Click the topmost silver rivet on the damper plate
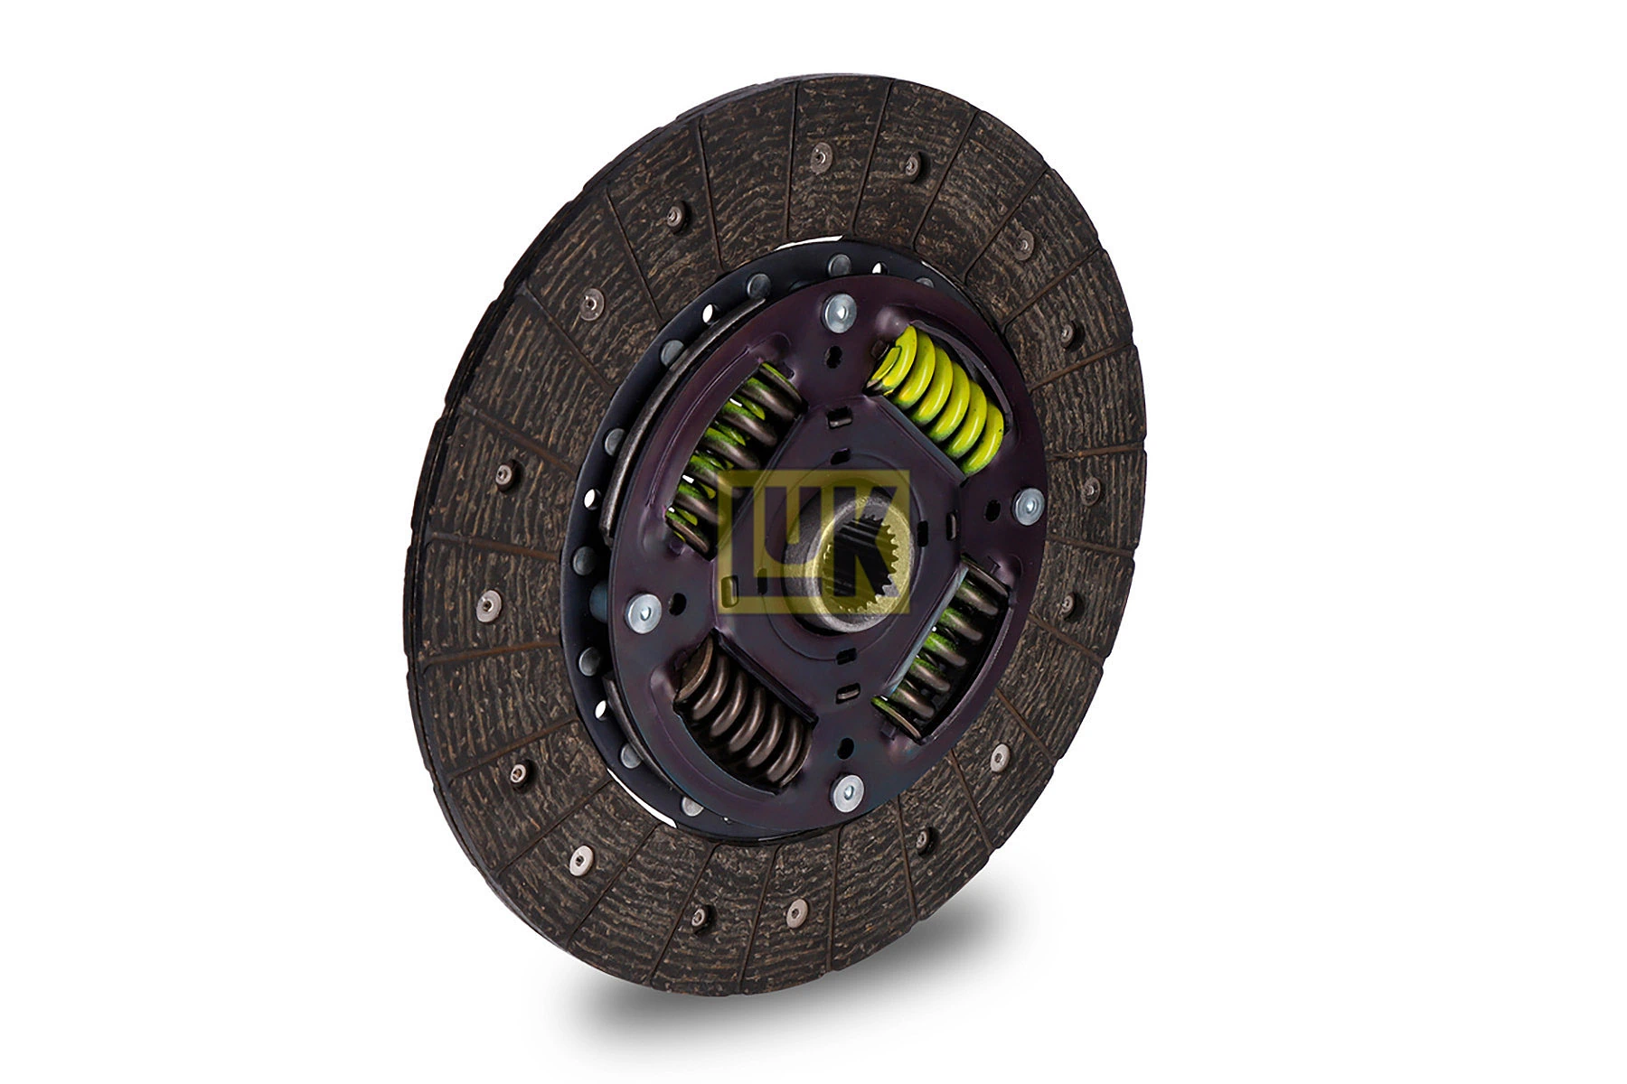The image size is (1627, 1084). pos(841,313)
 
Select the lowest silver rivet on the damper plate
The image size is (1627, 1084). pos(848,790)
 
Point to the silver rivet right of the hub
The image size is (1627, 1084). pos(1028,507)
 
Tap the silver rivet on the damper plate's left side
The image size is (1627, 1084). pos(644,612)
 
